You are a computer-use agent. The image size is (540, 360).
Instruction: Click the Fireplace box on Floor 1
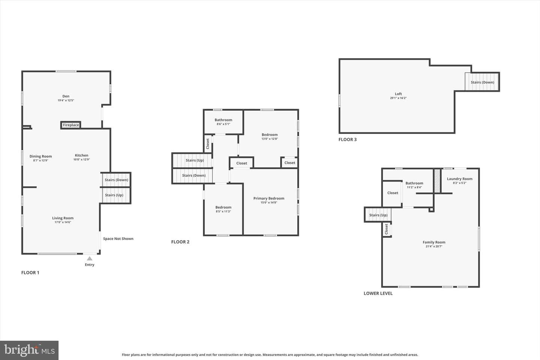(x=70, y=125)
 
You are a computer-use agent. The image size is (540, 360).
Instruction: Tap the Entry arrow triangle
(x=89, y=258)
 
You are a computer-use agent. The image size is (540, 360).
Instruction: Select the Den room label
(x=66, y=96)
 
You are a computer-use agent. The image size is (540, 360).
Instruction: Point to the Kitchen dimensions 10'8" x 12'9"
(x=81, y=159)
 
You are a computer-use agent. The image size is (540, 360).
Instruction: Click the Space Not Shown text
(x=118, y=239)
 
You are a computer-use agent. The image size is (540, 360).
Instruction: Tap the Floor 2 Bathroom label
(x=223, y=120)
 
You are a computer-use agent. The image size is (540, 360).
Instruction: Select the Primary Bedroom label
(x=269, y=198)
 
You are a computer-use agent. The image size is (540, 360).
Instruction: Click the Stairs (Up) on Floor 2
(x=192, y=160)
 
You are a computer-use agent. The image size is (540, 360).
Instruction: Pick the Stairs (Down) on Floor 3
(x=482, y=82)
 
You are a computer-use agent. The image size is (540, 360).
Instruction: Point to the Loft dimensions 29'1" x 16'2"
(x=398, y=98)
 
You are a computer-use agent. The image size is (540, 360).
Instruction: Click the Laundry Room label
(x=459, y=178)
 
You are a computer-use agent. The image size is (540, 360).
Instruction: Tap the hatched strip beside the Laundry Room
(x=437, y=181)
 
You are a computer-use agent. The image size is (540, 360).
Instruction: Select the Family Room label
(x=434, y=242)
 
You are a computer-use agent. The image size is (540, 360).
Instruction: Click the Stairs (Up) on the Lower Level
(x=378, y=215)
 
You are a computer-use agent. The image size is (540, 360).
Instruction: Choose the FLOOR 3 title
(x=347, y=139)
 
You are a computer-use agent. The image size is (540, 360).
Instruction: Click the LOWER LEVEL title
(x=378, y=294)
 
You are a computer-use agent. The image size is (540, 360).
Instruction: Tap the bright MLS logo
(x=29, y=350)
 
